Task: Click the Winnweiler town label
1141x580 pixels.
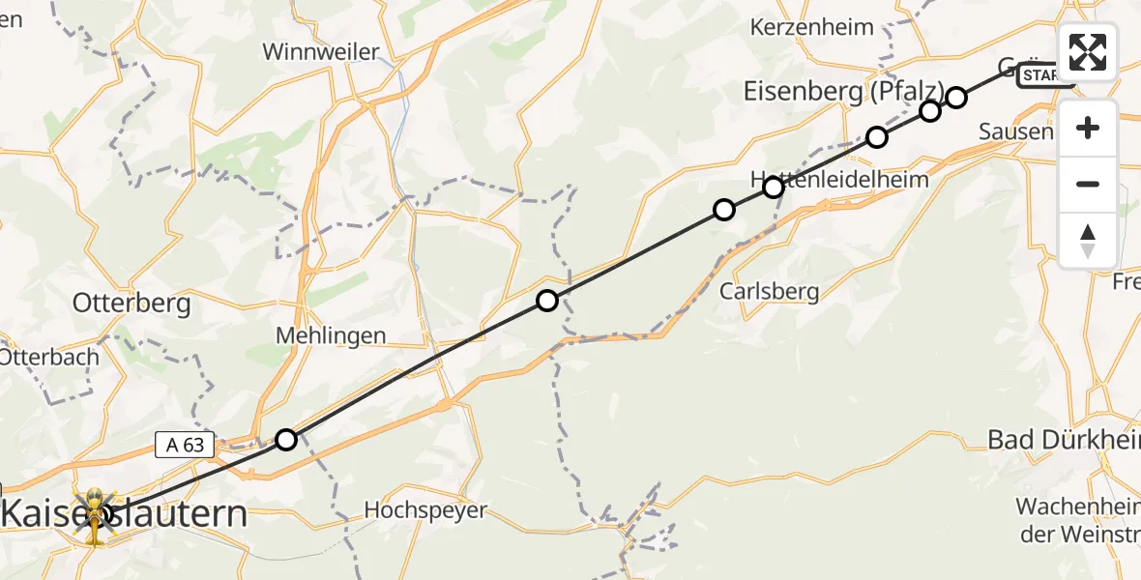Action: click(x=321, y=51)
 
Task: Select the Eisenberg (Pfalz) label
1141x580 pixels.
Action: click(x=843, y=91)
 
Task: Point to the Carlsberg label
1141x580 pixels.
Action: click(x=769, y=291)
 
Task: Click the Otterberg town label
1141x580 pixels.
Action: click(x=132, y=304)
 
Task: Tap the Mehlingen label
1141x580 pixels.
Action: click(x=331, y=336)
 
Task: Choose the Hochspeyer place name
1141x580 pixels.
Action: click(x=425, y=510)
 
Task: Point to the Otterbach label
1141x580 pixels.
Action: click(x=48, y=357)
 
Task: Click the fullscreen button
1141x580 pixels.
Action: click(x=1088, y=52)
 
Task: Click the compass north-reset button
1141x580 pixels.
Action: click(x=1088, y=241)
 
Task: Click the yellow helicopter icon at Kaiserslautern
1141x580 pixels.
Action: click(x=95, y=514)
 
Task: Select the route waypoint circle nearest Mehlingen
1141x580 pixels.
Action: click(x=547, y=301)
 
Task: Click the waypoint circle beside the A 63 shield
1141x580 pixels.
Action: click(x=286, y=440)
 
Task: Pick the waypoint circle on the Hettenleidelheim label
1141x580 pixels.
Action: click(x=774, y=187)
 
